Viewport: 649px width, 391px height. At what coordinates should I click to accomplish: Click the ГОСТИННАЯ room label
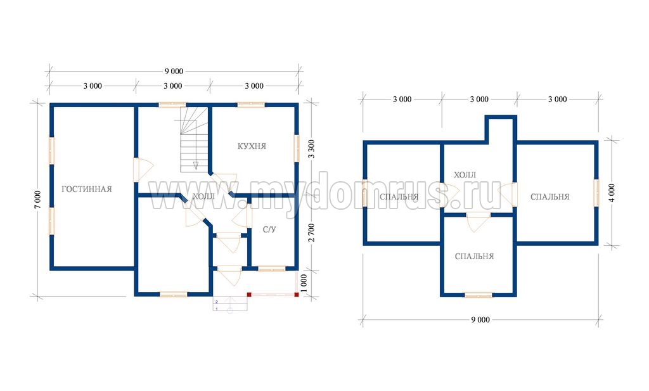coord(86,189)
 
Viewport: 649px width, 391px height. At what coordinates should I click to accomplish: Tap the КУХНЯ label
coord(252,146)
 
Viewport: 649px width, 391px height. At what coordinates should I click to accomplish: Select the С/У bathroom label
coord(269,229)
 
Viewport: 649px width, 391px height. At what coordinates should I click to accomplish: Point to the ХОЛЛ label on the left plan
coord(203,196)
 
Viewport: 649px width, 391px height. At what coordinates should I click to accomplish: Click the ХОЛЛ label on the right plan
coord(465,175)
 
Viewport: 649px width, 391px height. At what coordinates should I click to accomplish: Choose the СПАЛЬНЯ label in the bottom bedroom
coord(474,257)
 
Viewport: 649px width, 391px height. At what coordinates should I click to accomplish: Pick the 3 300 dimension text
coord(312,149)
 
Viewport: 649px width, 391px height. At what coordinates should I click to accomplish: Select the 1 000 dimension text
coord(304,283)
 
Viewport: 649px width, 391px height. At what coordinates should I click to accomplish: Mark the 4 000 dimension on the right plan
coord(612,193)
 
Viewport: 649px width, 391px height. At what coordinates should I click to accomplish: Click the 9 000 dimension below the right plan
coord(480,320)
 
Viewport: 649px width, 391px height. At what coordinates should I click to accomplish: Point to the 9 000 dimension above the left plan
coord(174,72)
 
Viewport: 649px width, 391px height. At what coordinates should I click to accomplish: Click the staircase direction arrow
coord(196,166)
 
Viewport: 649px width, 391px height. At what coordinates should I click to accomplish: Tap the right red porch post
coord(297,295)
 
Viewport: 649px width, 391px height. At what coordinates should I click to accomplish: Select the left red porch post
coord(249,295)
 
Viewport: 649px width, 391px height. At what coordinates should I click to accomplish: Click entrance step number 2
coord(217,302)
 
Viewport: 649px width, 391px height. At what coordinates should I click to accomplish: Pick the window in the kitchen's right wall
coord(297,148)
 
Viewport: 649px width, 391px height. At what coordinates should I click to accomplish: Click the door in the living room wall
coord(143,170)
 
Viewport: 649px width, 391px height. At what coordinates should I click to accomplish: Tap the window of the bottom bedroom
coord(479,295)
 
